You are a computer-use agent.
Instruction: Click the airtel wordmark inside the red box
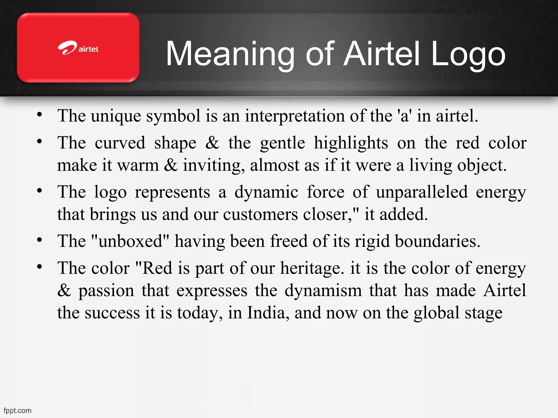tap(88, 49)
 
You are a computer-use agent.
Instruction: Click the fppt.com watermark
tap(17, 410)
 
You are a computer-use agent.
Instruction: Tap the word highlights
tap(351, 143)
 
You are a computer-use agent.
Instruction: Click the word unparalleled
tap(422, 192)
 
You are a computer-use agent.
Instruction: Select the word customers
tap(260, 215)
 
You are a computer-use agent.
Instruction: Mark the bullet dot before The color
tap(40, 267)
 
